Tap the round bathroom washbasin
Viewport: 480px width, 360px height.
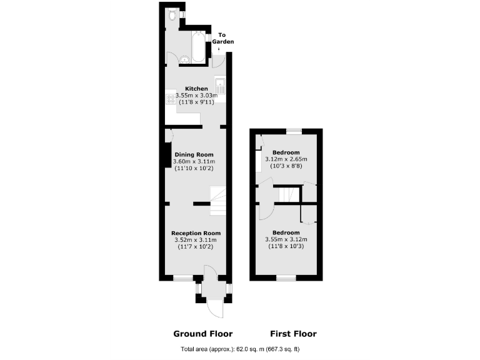pyautogui.click(x=184, y=60)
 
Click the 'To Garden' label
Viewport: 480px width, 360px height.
pyautogui.click(x=223, y=37)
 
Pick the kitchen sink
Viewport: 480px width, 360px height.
pyautogui.click(x=219, y=85)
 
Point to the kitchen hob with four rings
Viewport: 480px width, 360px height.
pyautogui.click(x=171, y=99)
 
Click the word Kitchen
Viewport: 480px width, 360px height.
pyautogui.click(x=196, y=89)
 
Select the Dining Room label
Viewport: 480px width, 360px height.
pyautogui.click(x=194, y=154)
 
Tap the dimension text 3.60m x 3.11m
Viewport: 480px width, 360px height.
pyautogui.click(x=194, y=162)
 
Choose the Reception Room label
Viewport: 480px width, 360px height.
pyautogui.click(x=196, y=233)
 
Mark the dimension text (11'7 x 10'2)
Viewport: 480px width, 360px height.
pyautogui.click(x=196, y=247)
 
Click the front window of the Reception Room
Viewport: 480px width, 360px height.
pyautogui.click(x=183, y=278)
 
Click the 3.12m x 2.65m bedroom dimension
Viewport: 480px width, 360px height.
pyautogui.click(x=286, y=159)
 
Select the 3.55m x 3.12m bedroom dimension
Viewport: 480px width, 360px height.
pyautogui.click(x=286, y=239)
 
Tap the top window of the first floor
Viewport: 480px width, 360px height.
pyautogui.click(x=294, y=131)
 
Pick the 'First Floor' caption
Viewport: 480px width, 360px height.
pyautogui.click(x=293, y=334)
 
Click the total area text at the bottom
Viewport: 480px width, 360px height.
pyautogui.click(x=240, y=349)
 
